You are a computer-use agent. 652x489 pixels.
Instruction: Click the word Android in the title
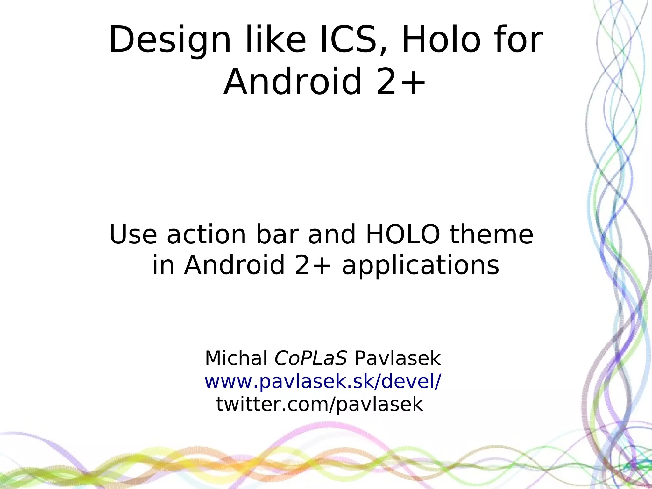(293, 82)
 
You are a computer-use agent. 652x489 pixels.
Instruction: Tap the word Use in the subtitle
(133, 234)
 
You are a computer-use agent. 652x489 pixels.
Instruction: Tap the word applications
(420, 265)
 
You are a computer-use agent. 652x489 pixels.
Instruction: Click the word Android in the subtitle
(234, 265)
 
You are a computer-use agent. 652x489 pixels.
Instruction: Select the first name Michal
(236, 358)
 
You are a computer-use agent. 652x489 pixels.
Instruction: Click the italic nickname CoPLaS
(310, 358)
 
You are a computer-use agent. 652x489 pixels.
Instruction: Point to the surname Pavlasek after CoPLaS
(397, 358)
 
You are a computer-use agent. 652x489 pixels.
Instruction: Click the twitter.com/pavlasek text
(319, 404)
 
